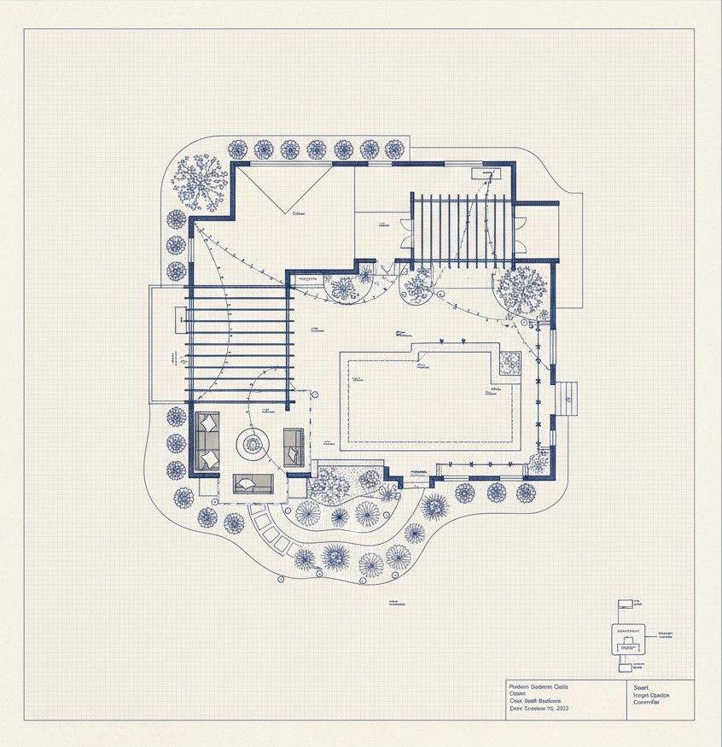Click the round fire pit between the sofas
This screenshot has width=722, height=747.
(x=253, y=443)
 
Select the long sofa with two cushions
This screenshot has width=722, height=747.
(x=207, y=441)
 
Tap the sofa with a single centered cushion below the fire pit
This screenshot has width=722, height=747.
(x=253, y=484)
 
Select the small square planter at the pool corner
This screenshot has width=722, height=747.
(x=509, y=364)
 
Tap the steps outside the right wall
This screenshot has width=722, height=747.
(x=568, y=397)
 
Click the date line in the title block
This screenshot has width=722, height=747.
(x=539, y=709)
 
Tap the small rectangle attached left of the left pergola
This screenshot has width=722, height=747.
(x=180, y=319)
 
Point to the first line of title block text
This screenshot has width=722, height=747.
(x=538, y=686)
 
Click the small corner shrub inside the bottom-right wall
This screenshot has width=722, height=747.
(x=539, y=463)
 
